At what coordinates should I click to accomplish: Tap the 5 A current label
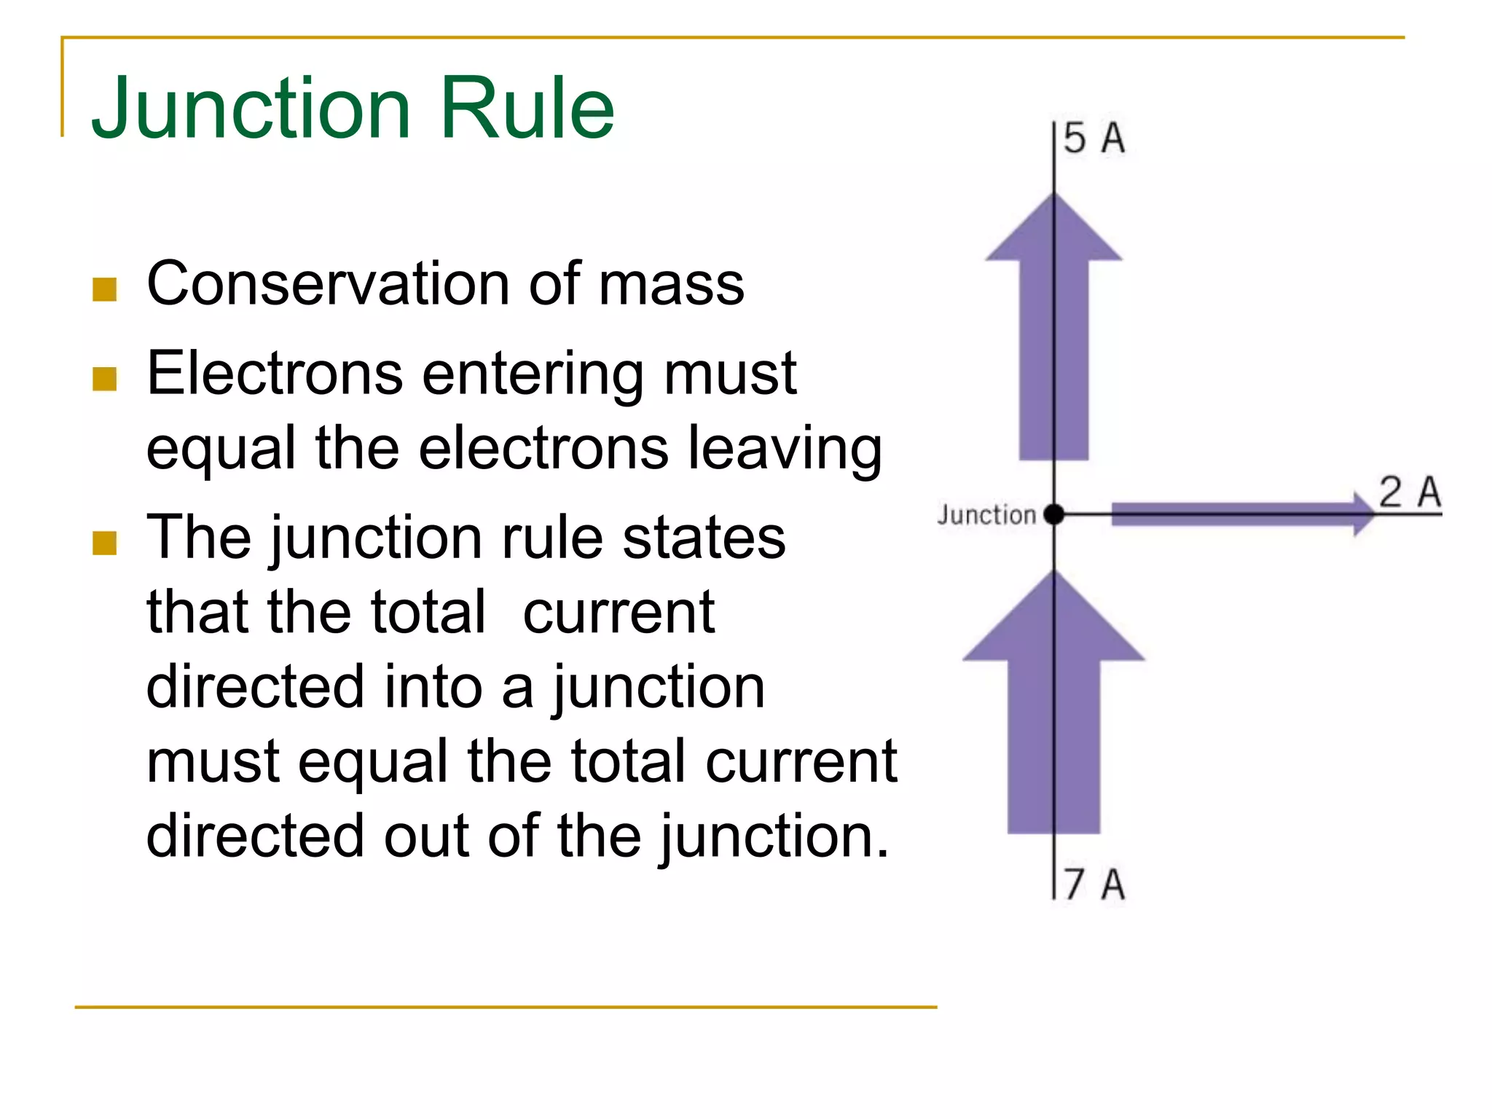[1094, 138]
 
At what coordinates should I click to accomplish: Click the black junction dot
[1053, 514]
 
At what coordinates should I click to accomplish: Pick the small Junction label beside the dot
[986, 515]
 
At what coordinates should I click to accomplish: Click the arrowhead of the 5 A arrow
[1053, 229]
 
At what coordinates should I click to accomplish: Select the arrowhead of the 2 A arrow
[1362, 514]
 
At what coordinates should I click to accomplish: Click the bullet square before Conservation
[105, 289]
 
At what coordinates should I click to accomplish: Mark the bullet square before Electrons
[105, 379]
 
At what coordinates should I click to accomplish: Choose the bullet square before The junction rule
[105, 543]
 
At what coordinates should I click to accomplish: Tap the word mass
[671, 284]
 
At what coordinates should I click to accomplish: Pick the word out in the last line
[426, 836]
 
